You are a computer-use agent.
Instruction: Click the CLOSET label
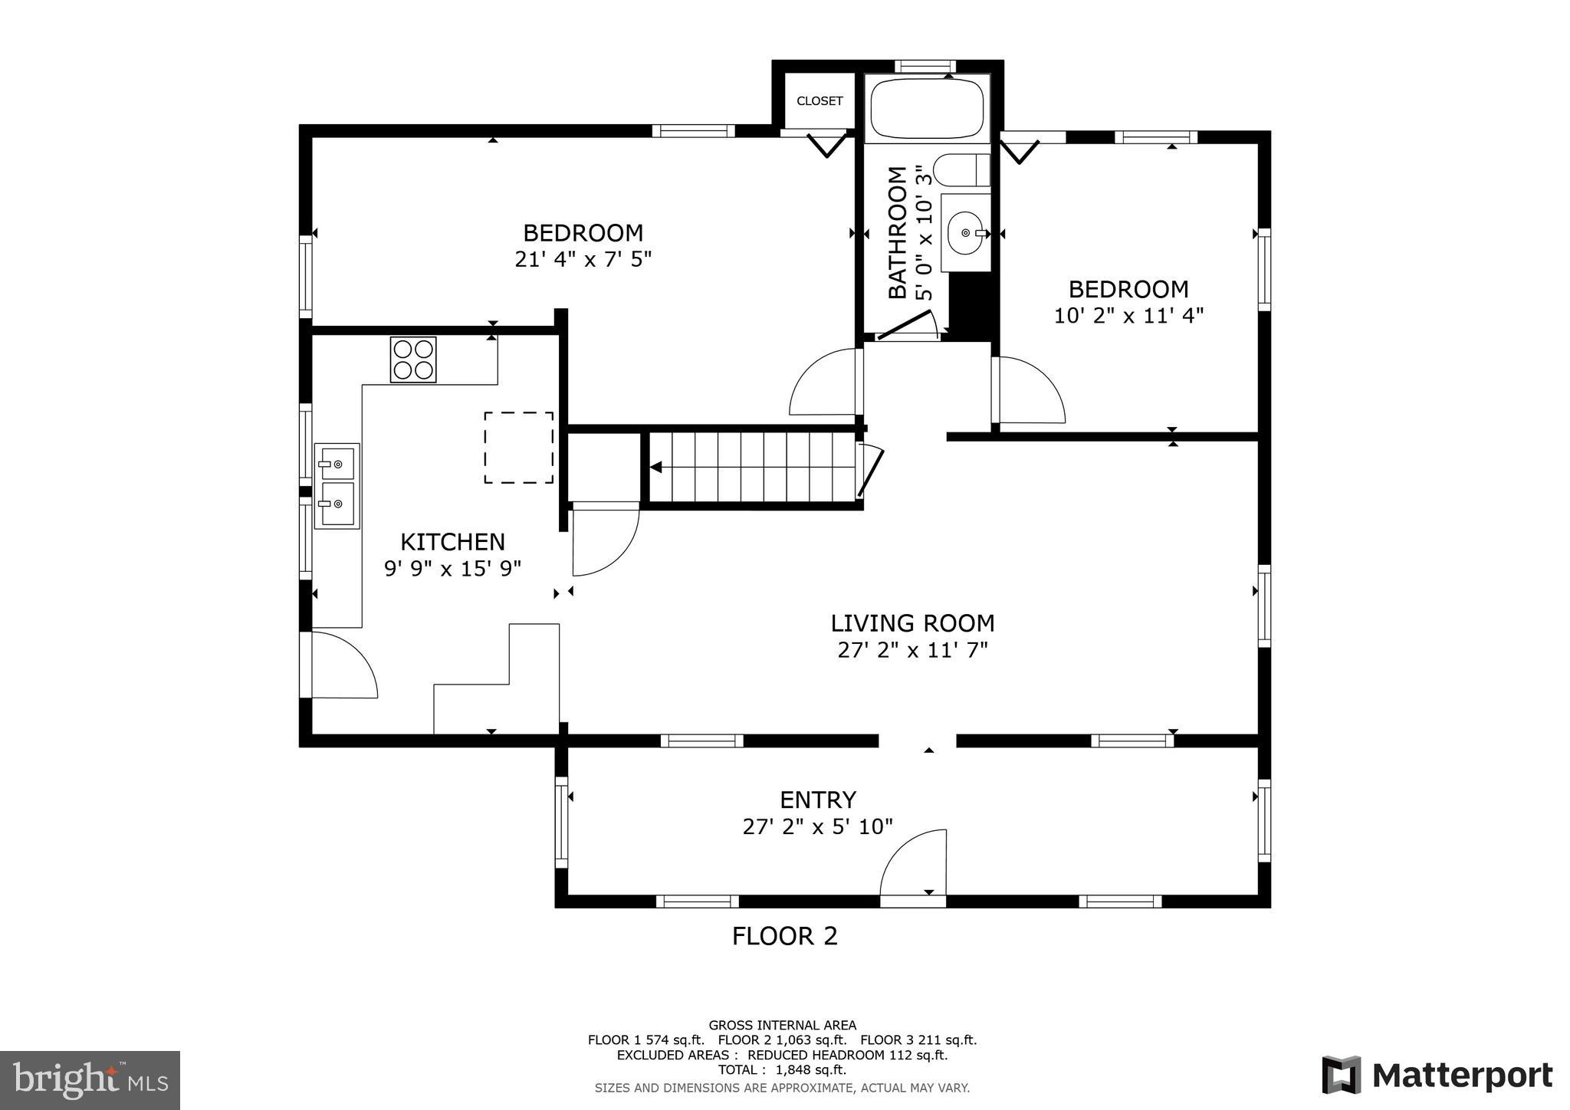click(819, 101)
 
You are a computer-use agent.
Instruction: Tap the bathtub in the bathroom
click(928, 109)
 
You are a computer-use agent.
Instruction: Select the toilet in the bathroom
click(961, 169)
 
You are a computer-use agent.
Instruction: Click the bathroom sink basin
click(966, 232)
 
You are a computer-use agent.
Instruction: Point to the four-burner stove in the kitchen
click(413, 360)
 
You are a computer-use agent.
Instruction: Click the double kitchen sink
click(337, 485)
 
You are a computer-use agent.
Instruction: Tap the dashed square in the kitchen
click(518, 448)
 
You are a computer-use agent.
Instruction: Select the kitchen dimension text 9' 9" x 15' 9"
click(452, 569)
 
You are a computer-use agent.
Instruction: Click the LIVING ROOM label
click(912, 622)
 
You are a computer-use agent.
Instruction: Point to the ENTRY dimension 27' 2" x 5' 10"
click(817, 826)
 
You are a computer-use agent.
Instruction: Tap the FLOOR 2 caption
click(784, 936)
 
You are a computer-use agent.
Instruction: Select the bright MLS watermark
click(90, 1080)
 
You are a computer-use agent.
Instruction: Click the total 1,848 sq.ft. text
click(782, 1069)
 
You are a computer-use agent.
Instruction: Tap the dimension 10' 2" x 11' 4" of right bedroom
click(1128, 316)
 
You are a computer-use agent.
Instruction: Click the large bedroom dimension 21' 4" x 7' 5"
click(583, 259)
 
